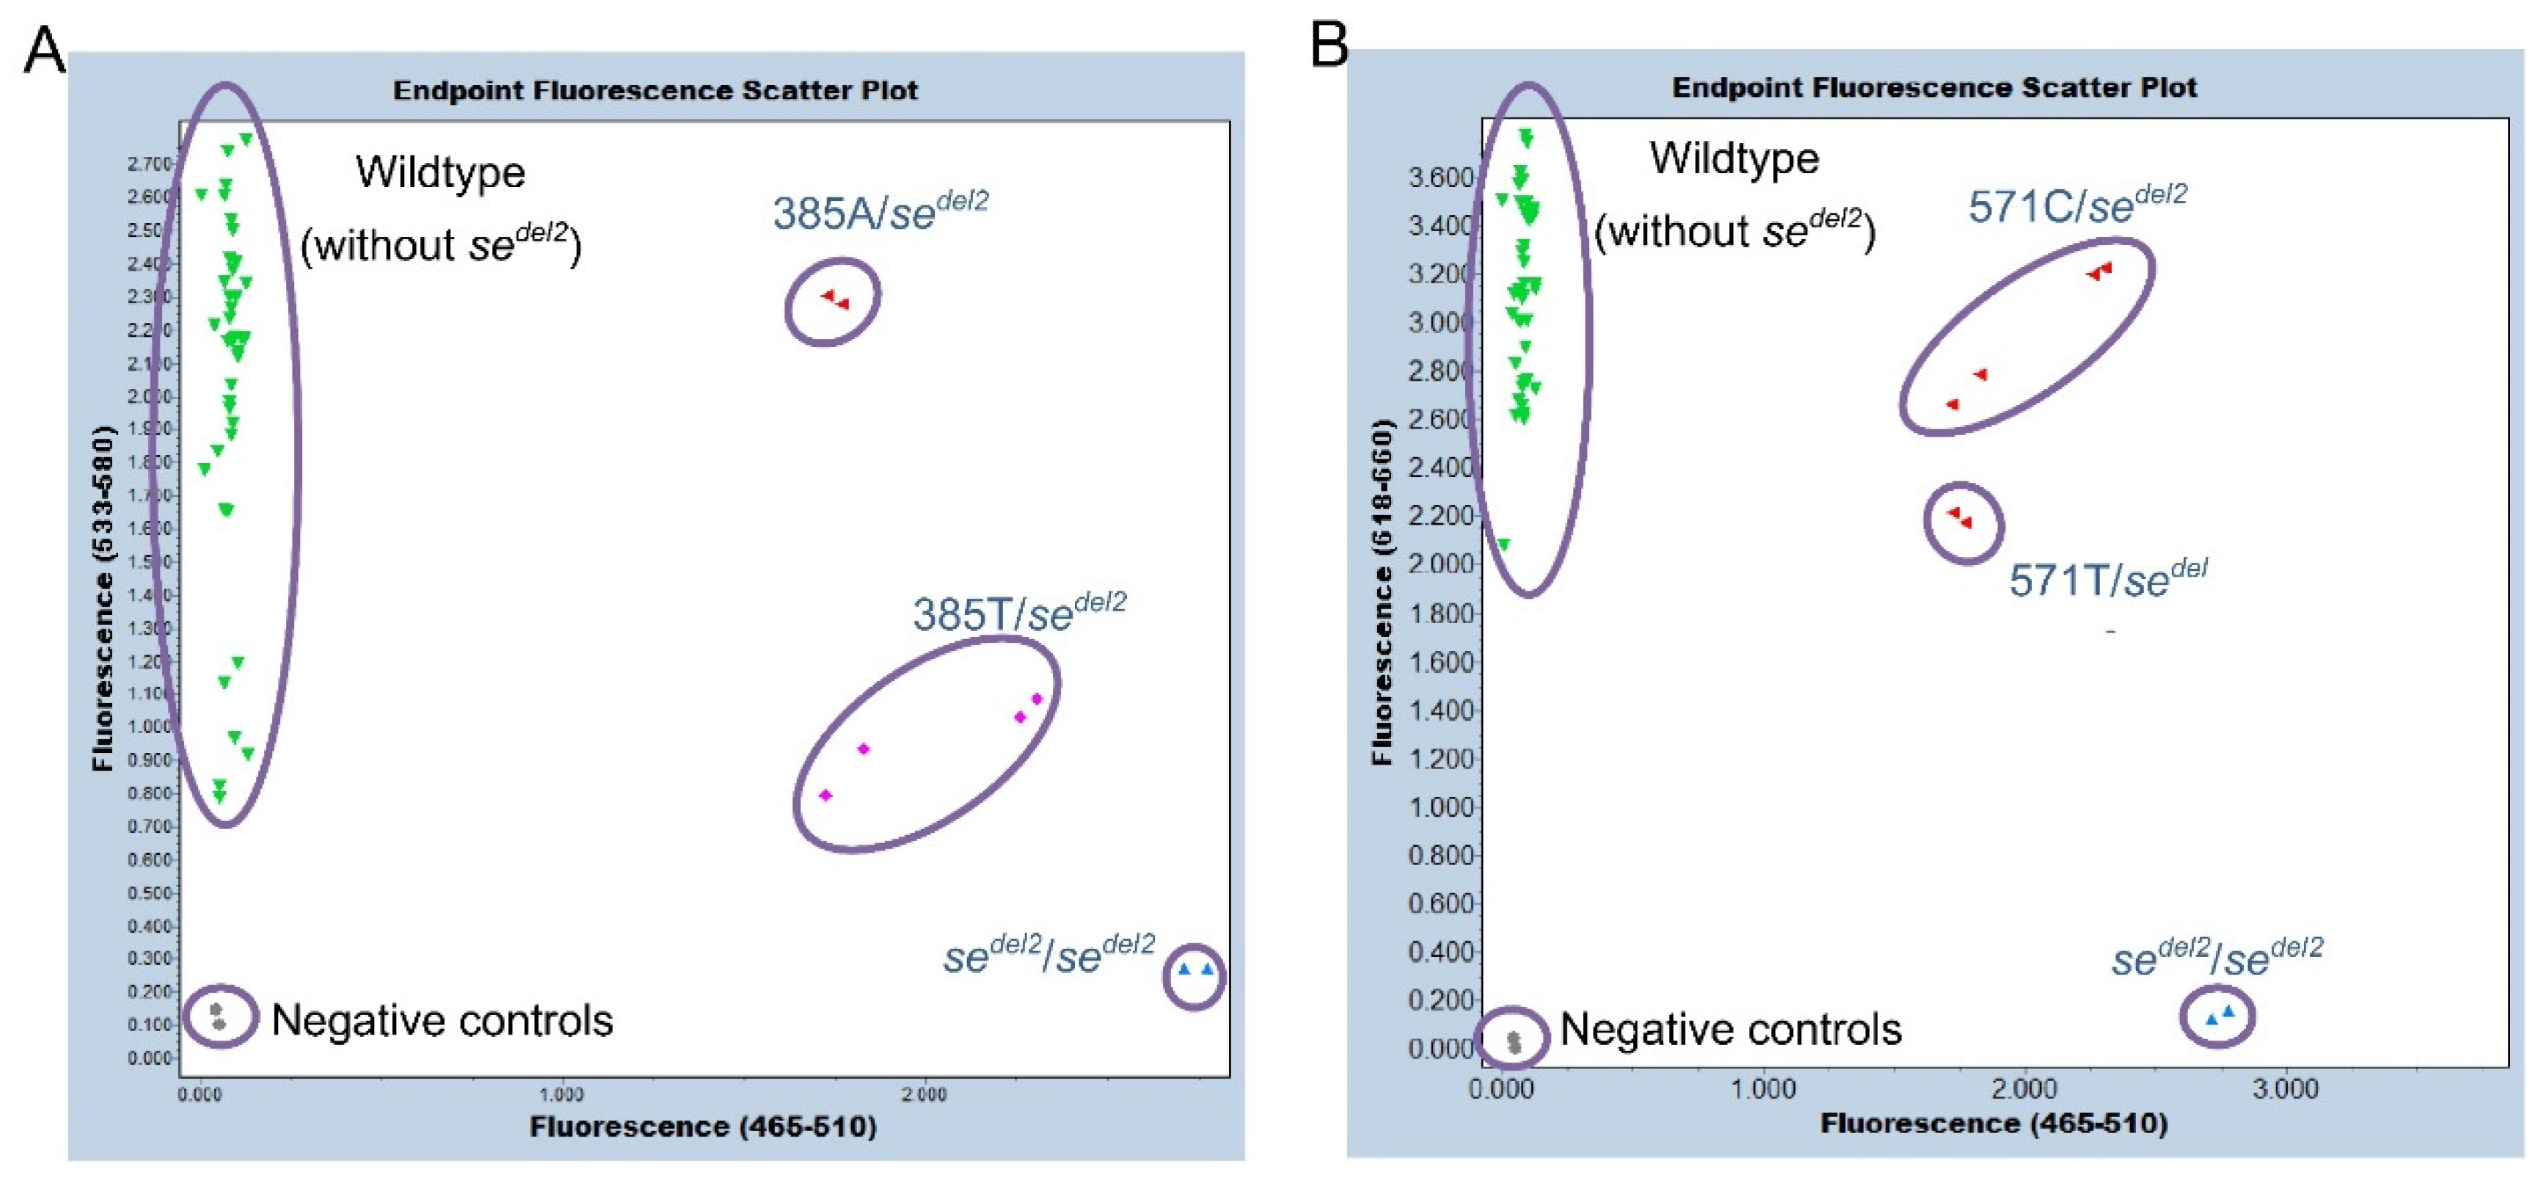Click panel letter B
coord(1329,45)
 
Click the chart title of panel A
coord(655,91)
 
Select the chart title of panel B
coord(1933,88)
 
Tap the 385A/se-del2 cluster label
coord(880,211)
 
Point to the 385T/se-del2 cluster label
coord(1018,613)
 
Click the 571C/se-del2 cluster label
coord(2076,205)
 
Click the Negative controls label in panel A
coord(442,1020)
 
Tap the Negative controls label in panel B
coord(1729,1030)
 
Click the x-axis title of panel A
coord(701,1126)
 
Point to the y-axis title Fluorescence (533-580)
coord(102,598)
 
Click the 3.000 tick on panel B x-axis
coord(2284,1089)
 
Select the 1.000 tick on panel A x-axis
coord(561,1094)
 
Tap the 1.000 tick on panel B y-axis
coord(1440,806)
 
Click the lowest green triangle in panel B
coord(1503,544)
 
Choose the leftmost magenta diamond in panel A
coord(825,795)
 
